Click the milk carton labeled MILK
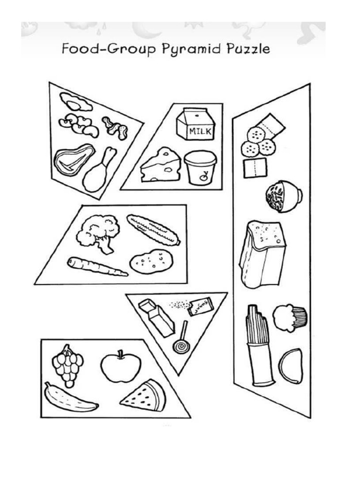tap(195, 124)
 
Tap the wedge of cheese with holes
tap(161, 165)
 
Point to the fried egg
tap(75, 101)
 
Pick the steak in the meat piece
tap(73, 159)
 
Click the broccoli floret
tap(98, 232)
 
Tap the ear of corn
tap(153, 229)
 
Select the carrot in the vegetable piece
tap(96, 266)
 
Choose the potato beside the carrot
tap(151, 262)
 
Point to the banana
tap(69, 398)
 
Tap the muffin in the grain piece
tap(290, 317)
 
